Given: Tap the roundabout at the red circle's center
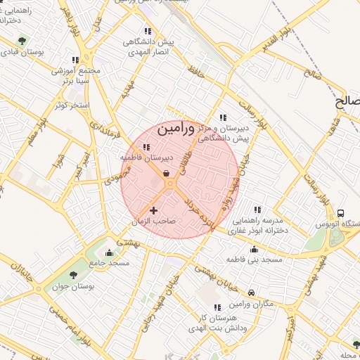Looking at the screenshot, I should [x=170, y=184].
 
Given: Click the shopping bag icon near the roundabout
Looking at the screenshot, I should [x=166, y=173].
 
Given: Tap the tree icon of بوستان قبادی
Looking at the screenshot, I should [x=22, y=41].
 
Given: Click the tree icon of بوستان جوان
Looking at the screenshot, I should [x=73, y=275].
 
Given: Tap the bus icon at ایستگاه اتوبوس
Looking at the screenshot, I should [x=341, y=213].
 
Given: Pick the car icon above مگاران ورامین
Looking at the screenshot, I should [x=252, y=292].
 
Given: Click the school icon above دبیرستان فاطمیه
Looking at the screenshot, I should [x=146, y=147].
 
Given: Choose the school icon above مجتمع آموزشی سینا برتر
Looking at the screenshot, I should [x=76, y=60].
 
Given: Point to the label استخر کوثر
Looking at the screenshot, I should [x=70, y=105].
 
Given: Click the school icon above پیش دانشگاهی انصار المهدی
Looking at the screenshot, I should [x=147, y=31].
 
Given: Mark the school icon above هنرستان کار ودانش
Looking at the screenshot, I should [x=217, y=307].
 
